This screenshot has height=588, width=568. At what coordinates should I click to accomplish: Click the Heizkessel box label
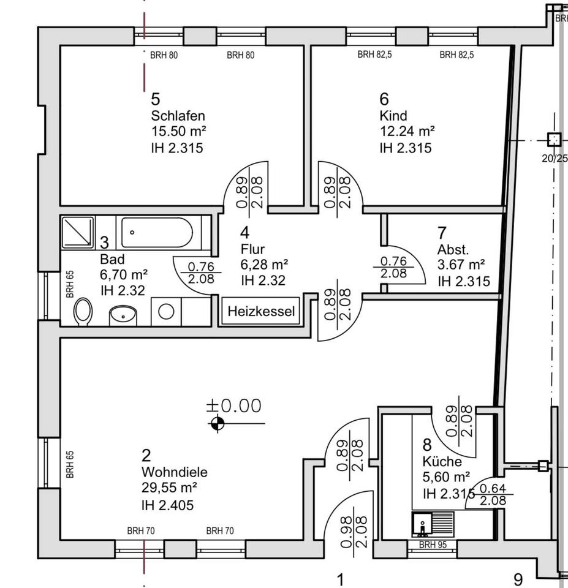(262, 312)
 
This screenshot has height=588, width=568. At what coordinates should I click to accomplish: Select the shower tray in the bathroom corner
(77, 231)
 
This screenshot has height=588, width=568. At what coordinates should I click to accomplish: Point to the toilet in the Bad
(83, 311)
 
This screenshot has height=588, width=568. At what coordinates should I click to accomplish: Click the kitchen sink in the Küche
(423, 525)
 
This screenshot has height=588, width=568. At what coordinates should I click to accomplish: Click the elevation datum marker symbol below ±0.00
(217, 423)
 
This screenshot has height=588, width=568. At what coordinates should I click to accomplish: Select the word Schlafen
(178, 116)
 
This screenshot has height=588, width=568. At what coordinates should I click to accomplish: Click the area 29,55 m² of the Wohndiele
(169, 488)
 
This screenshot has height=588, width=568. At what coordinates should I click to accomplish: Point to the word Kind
(393, 116)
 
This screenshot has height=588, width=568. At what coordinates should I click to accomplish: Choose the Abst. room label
(453, 249)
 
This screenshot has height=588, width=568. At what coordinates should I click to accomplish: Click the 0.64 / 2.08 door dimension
(493, 495)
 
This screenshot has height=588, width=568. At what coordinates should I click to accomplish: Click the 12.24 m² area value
(407, 131)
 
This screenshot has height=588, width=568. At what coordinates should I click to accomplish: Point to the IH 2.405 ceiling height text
(167, 505)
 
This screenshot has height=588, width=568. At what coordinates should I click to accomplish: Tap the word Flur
(252, 249)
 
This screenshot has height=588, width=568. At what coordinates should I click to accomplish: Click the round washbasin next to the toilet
(123, 315)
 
